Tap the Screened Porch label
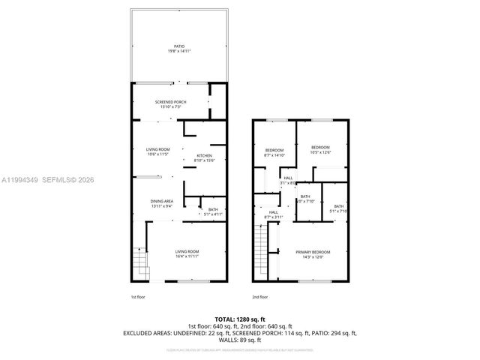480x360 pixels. (x=170, y=104)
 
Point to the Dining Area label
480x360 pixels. (x=163, y=203)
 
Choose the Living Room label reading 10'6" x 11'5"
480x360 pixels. (x=158, y=152)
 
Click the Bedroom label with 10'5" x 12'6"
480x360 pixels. (x=321, y=150)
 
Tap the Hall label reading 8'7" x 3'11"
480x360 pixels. (x=273, y=215)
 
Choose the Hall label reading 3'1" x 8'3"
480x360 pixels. (x=288, y=181)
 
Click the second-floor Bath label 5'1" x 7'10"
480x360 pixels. (x=339, y=208)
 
